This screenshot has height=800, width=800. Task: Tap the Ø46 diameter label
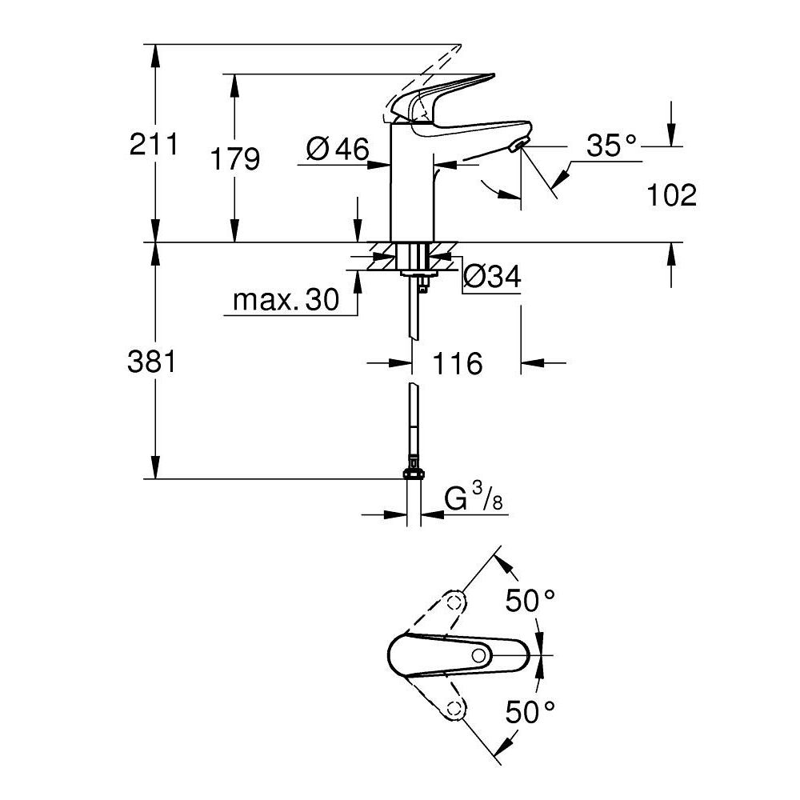click(x=337, y=149)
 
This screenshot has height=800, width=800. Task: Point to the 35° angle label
click(x=611, y=146)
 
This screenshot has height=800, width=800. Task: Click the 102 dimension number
click(x=670, y=194)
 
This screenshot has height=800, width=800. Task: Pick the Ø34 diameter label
click(x=492, y=277)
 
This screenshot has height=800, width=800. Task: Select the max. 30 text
click(x=285, y=300)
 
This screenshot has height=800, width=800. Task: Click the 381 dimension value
click(x=152, y=362)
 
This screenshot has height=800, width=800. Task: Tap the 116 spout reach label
click(x=458, y=364)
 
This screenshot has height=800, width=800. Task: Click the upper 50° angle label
click(x=529, y=600)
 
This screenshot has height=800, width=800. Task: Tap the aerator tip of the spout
click(x=518, y=145)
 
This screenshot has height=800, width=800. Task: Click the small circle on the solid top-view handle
click(x=478, y=656)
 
